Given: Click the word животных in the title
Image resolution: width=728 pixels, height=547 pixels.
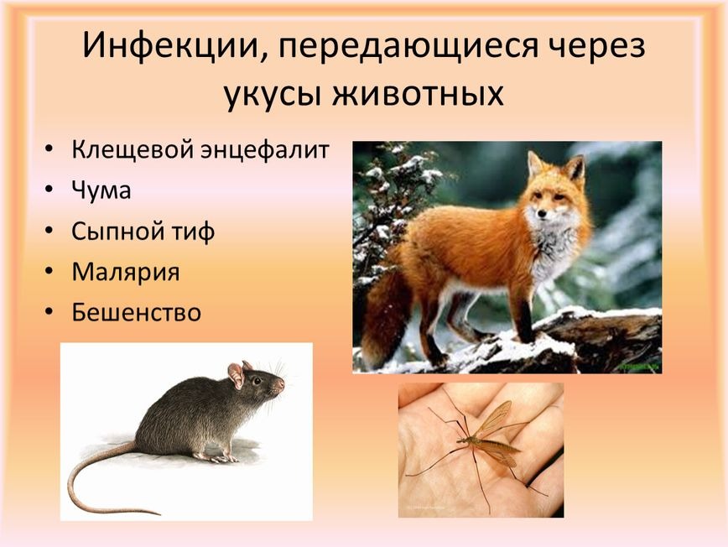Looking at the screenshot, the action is (418, 93).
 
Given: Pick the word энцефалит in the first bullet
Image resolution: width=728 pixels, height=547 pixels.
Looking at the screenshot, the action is (265, 150).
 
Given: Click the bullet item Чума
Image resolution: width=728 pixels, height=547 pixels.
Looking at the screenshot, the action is (101, 190).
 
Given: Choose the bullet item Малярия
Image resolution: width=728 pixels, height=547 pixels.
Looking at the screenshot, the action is (125, 272).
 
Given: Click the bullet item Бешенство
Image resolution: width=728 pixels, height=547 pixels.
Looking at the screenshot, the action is (136, 311).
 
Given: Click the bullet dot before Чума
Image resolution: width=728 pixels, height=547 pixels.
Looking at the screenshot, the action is (49, 190).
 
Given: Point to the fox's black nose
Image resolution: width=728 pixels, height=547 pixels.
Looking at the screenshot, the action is (541, 214).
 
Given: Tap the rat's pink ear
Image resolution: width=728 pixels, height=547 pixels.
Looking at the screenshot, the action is (237, 375).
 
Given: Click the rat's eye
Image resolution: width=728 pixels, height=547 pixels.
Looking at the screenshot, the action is (256, 381).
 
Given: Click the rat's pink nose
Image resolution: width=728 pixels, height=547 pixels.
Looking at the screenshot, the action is (281, 383).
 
